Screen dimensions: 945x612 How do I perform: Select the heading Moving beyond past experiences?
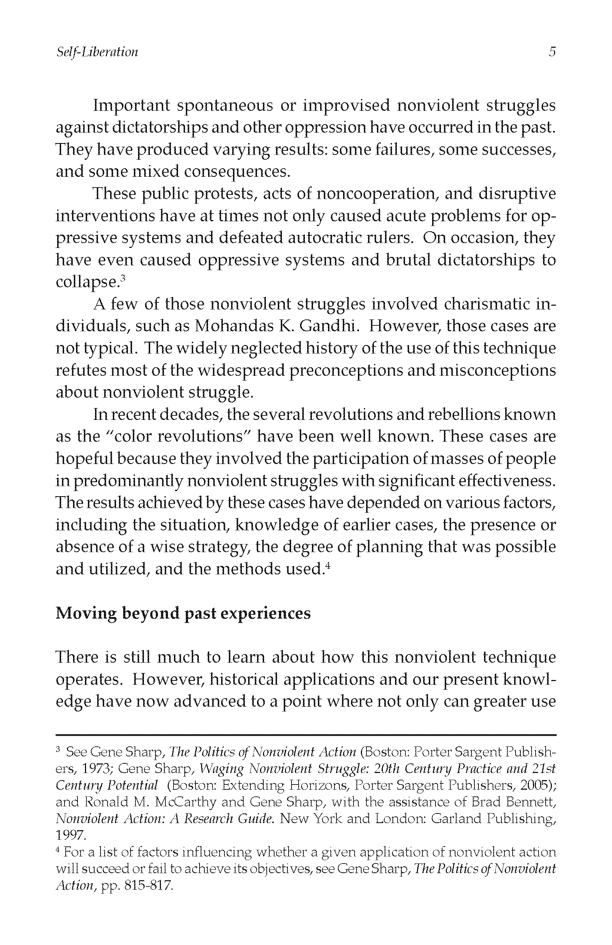click(x=183, y=613)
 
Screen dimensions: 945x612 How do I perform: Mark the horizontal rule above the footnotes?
click(x=306, y=736)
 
